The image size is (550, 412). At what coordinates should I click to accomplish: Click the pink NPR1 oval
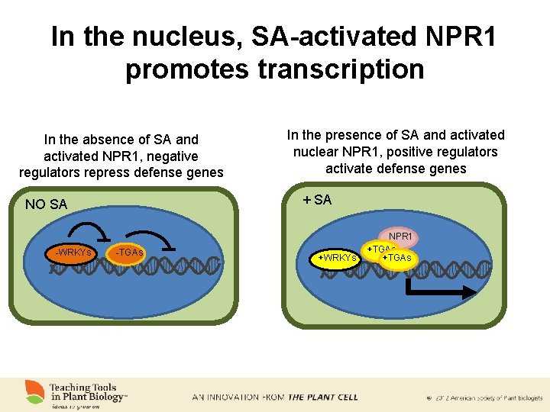coord(400,237)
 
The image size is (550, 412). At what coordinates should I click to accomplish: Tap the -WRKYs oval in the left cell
coord(72,253)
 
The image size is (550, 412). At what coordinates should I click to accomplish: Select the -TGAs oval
coord(129,253)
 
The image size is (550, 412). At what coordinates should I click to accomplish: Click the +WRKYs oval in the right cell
coord(337,258)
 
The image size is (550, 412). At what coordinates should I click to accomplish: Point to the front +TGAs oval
coord(398,259)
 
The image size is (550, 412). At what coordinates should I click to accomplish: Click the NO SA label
coord(46,204)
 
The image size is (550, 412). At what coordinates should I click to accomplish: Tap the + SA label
coord(317,200)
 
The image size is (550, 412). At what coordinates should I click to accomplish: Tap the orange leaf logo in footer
coord(34,391)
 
